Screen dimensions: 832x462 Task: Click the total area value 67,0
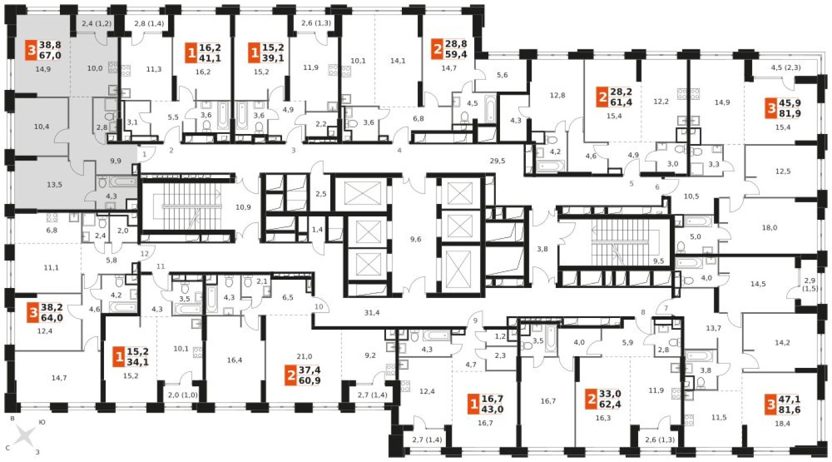(50, 55)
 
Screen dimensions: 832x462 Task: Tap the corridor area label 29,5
(497, 161)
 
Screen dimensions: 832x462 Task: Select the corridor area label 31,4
(372, 313)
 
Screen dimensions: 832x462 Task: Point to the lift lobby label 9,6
(415, 239)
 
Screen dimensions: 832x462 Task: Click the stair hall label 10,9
(243, 207)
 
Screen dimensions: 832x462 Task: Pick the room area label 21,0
(304, 356)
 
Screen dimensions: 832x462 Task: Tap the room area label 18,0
(769, 227)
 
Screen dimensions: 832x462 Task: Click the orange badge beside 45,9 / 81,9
(771, 108)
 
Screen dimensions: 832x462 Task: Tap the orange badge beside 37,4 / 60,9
(291, 376)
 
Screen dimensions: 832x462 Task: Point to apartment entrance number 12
(145, 253)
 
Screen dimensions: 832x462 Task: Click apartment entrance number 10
(318, 307)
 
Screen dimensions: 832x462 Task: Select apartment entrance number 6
(657, 187)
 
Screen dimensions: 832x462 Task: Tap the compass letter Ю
(42, 422)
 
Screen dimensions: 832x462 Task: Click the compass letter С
(8, 448)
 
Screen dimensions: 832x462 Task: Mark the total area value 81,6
(790, 410)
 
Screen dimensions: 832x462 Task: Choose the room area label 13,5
(54, 185)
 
